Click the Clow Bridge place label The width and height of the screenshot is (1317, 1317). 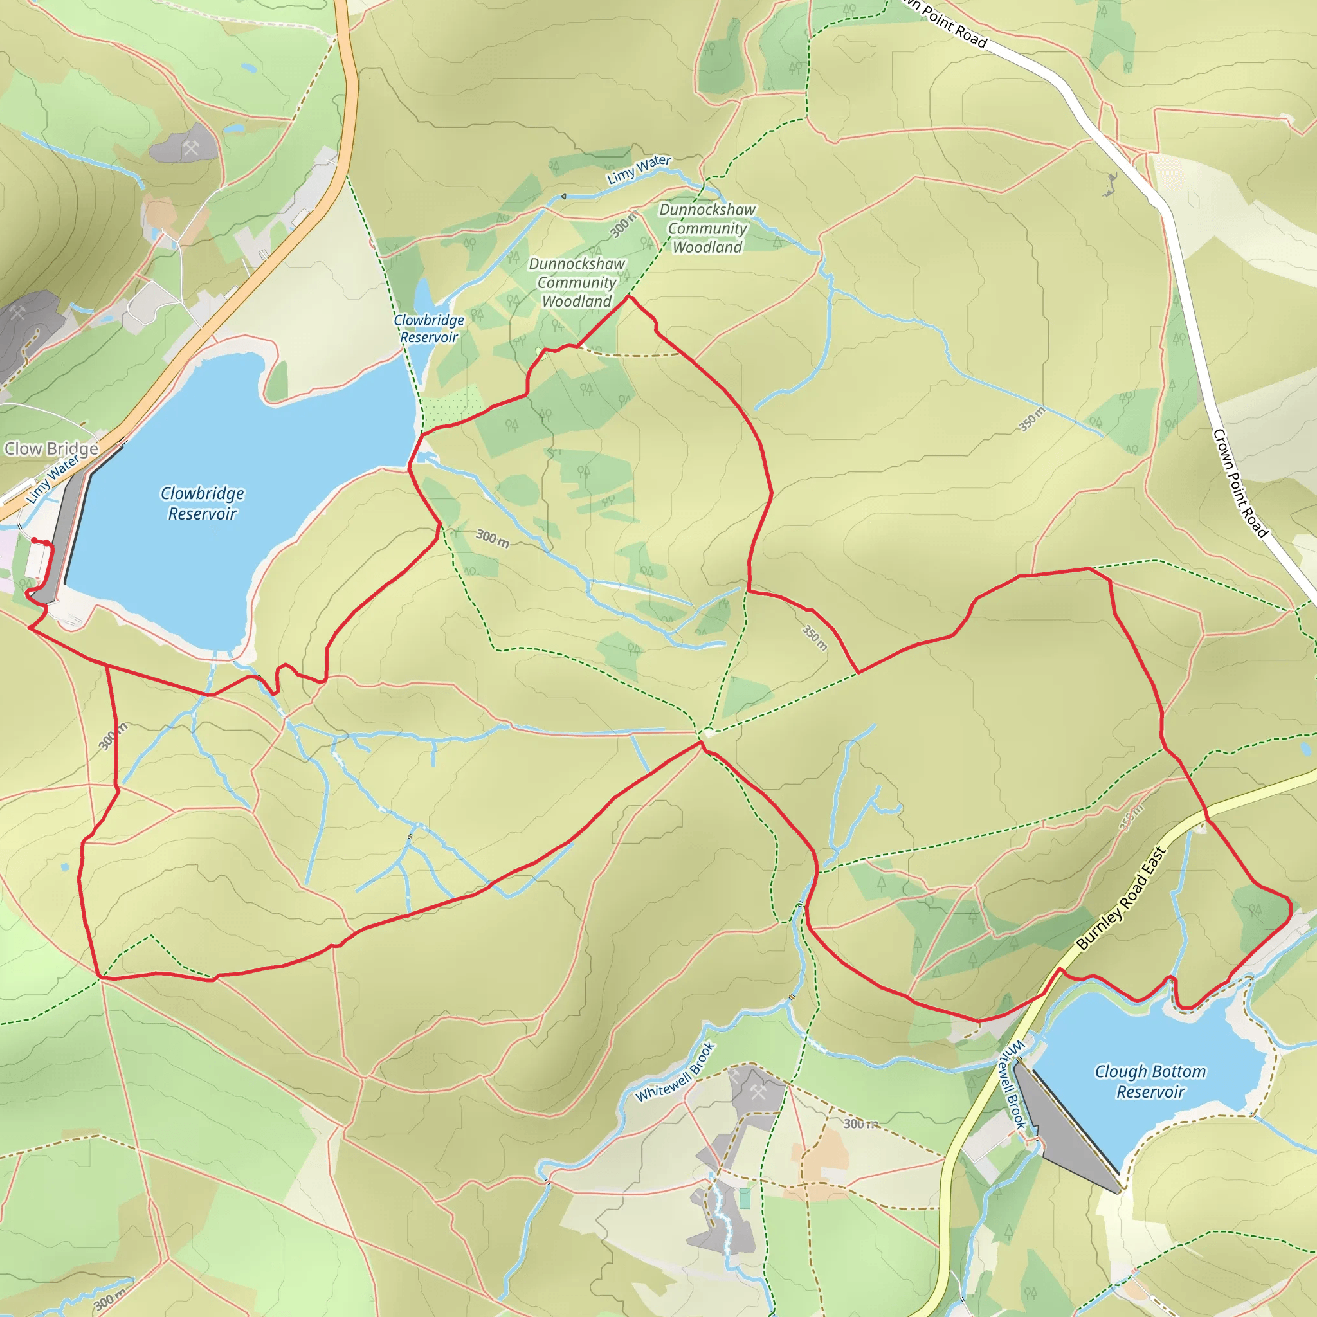click(x=51, y=449)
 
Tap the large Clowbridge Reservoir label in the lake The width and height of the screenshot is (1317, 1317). click(x=203, y=503)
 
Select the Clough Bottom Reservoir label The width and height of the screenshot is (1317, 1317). click(x=1150, y=1081)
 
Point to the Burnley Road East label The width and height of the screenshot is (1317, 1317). click(x=1122, y=898)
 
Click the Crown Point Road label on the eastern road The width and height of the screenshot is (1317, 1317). click(x=1240, y=484)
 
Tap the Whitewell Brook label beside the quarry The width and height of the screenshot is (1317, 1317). click(x=675, y=1071)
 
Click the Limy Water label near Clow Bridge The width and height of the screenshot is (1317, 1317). click(x=53, y=480)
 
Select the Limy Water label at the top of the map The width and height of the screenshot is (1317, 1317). click(x=639, y=170)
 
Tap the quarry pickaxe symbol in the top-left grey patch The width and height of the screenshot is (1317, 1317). click(x=191, y=147)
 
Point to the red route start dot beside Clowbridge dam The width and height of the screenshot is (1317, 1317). click(x=34, y=541)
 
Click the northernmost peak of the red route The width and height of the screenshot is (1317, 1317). click(x=628, y=297)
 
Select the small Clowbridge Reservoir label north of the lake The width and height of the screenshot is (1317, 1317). click(x=429, y=329)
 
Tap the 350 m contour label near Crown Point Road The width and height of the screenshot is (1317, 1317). click(x=1031, y=419)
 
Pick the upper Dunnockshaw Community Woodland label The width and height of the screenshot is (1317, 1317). click(x=707, y=228)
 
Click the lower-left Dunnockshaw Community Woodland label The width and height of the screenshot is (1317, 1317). click(x=577, y=282)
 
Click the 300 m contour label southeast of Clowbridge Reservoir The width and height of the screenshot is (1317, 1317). click(x=492, y=538)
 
